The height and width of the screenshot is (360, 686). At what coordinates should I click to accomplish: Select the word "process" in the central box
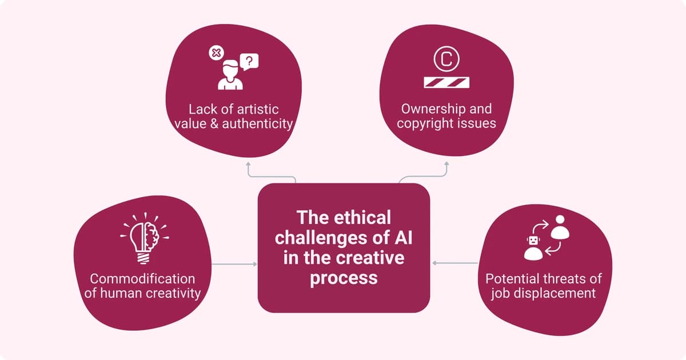[344, 278]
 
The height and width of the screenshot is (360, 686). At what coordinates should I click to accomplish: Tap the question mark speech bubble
[249, 60]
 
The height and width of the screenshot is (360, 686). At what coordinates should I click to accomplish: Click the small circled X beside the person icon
[215, 53]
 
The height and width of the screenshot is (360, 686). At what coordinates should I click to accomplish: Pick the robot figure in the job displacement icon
[533, 247]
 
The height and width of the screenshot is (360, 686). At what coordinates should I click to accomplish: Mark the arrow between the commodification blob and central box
[234, 264]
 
